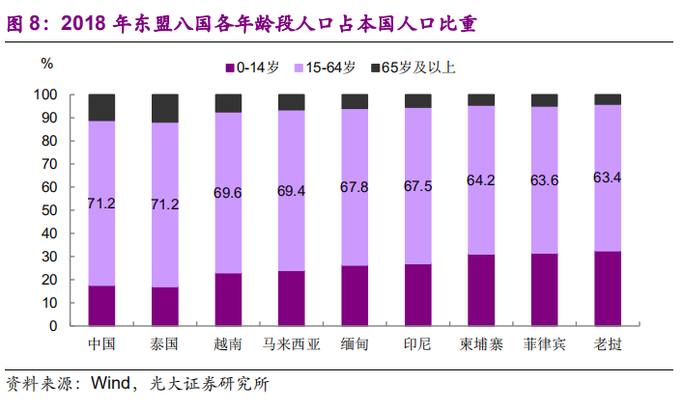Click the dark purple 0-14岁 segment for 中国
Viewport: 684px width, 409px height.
pos(101,306)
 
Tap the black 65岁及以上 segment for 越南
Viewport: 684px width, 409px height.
pos(228,103)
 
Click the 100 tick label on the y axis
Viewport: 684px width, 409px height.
pos(47,95)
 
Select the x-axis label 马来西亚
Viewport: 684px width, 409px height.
pos(291,344)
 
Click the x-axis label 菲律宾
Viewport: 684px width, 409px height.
pos(544,344)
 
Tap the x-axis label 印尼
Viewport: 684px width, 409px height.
pos(417,344)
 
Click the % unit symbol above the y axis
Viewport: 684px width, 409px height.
pos(47,64)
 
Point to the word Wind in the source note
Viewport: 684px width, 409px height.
pos(111,384)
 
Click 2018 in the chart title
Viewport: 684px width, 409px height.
pos(83,21)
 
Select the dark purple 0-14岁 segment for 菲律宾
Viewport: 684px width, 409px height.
pos(544,289)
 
